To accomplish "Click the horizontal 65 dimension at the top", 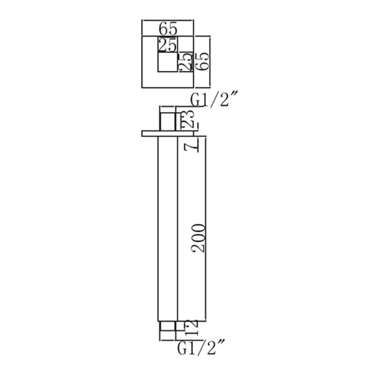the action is coord(168,29).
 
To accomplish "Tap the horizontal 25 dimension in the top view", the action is coord(167,44).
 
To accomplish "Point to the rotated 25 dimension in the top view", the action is coord(186,62).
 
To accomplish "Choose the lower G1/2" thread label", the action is coord(200,348).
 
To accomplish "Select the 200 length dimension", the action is coord(198,238).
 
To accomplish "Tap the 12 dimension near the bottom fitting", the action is coord(192,327).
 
